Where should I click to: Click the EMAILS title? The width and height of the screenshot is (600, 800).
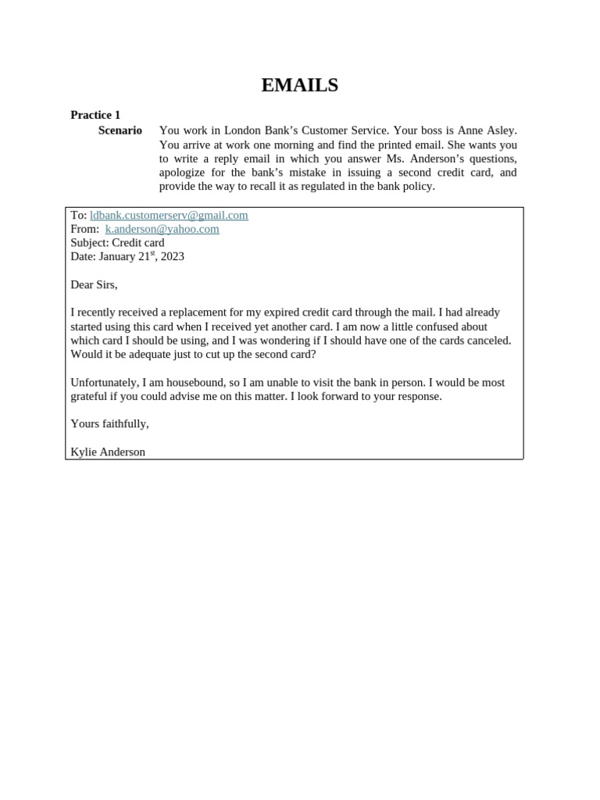(299, 86)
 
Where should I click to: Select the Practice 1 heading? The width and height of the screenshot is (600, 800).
(95, 115)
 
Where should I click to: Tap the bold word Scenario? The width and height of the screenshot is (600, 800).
(120, 130)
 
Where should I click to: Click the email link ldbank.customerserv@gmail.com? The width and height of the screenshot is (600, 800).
(169, 216)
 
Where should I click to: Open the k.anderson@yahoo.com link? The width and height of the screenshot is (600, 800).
(162, 230)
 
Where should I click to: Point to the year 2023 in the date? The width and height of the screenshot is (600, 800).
(172, 257)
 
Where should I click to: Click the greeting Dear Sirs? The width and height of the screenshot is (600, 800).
(94, 285)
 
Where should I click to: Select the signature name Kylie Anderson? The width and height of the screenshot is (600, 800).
(108, 452)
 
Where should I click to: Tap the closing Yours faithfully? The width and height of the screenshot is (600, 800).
(109, 424)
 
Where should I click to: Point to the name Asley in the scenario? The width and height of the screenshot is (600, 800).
(501, 130)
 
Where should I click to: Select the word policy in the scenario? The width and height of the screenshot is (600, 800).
(417, 187)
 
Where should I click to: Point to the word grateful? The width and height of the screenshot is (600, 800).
(91, 397)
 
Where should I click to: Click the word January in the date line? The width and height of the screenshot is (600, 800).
(116, 257)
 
